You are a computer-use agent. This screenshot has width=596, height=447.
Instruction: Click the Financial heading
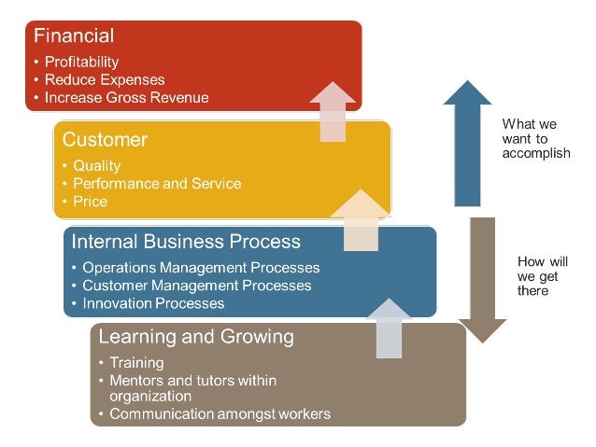pos(74,36)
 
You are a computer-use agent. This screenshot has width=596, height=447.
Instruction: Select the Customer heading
pos(105,140)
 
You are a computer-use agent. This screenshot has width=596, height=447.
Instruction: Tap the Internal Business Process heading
pos(186,242)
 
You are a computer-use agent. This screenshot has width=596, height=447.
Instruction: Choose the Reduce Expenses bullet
pos(105,79)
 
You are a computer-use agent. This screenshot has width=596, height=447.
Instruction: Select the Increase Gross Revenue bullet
pos(126,97)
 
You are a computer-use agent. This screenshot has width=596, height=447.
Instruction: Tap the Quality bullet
pos(97,165)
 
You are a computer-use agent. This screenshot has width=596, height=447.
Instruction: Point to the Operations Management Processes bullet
pos(201,268)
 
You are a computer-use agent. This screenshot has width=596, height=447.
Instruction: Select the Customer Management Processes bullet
pos(196,286)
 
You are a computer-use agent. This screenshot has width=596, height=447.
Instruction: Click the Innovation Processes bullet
pos(153,303)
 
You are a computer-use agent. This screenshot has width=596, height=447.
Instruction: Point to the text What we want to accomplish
pos(535,138)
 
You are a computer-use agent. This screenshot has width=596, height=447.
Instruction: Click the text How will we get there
pos(540,276)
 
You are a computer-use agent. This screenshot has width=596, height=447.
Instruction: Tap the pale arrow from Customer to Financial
pos(333,111)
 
